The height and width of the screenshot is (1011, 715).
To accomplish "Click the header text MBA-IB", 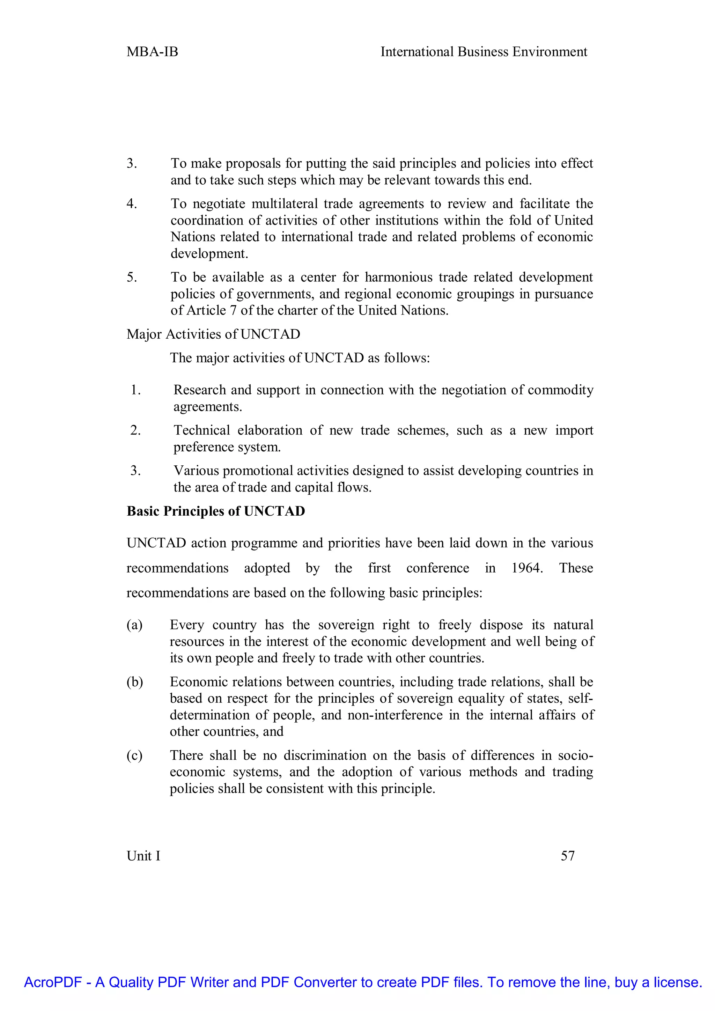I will (x=152, y=52).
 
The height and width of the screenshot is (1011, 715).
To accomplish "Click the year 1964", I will (x=526, y=568).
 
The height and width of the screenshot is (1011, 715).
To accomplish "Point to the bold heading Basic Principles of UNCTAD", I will (x=216, y=511).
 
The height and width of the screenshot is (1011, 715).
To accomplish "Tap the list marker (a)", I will (x=134, y=625).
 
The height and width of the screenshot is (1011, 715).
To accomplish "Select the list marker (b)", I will (x=135, y=682).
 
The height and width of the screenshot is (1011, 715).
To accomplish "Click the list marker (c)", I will (x=134, y=755).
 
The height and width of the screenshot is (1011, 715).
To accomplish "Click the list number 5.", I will (x=132, y=278).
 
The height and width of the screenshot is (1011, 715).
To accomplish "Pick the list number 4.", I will (x=132, y=204).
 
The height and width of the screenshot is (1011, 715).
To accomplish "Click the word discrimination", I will (x=324, y=755).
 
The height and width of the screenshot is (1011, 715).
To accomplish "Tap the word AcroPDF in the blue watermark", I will (x=53, y=982).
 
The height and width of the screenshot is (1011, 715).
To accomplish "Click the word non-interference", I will (x=395, y=715).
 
